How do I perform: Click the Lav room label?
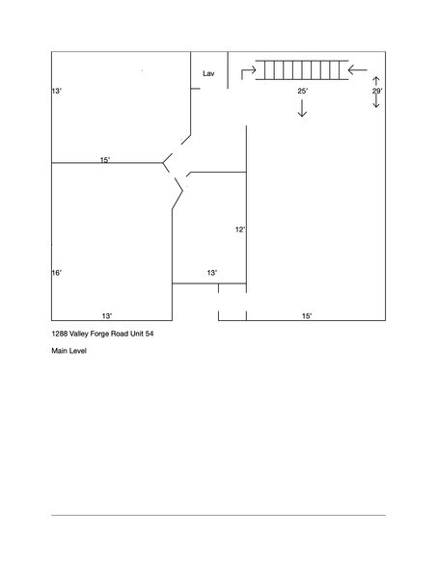pyautogui.click(x=207, y=73)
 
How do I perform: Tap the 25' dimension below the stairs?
pyautogui.click(x=302, y=91)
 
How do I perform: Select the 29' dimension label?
pyautogui.click(x=377, y=91)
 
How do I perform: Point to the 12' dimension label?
pyautogui.click(x=240, y=229)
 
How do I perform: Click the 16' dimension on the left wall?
pyautogui.click(x=57, y=274)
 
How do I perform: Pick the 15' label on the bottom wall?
pyautogui.click(x=306, y=315)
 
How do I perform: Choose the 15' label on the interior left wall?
pyautogui.click(x=105, y=159)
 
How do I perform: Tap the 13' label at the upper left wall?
pyautogui.click(x=57, y=91)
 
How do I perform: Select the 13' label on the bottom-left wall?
pyautogui.click(x=107, y=315)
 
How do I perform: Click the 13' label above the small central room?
pyautogui.click(x=211, y=274)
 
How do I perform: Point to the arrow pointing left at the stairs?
pyautogui.click(x=358, y=68)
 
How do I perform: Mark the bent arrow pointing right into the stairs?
pyautogui.click(x=247, y=69)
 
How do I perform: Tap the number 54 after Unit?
pyautogui.click(x=150, y=333)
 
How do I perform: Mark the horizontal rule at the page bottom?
pyautogui.click(x=218, y=515)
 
